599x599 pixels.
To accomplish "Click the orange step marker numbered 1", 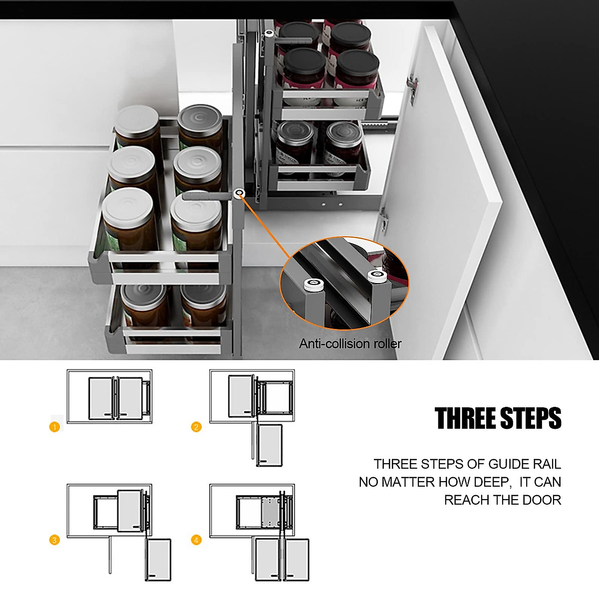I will click(x=54, y=427).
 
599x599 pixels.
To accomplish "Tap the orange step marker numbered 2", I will click(x=197, y=427).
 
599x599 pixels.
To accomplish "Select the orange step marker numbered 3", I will click(x=54, y=540).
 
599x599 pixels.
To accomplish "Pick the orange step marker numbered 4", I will click(x=197, y=540).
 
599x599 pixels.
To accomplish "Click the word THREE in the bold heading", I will click(x=465, y=418).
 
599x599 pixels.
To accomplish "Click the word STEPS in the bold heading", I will click(x=531, y=418).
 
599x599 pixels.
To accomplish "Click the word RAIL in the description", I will click(x=547, y=464).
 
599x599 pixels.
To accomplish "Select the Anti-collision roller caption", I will click(x=350, y=343).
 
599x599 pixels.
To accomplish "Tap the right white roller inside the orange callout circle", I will click(x=378, y=277).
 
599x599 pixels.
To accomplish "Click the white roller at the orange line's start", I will click(x=240, y=193).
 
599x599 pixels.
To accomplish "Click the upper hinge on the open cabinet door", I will click(x=412, y=87).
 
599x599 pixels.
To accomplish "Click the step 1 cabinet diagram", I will click(x=110, y=397).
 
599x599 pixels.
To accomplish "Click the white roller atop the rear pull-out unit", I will click(x=269, y=33).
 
